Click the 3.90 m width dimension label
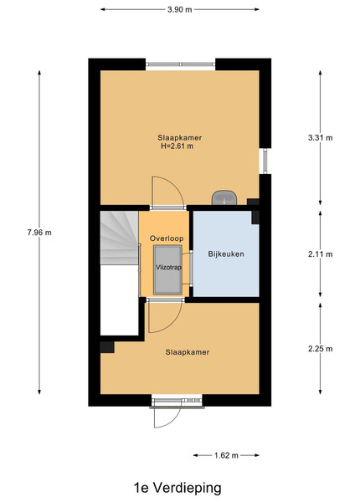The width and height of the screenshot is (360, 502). (x=180, y=9)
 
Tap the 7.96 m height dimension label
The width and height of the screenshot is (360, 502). (x=39, y=233)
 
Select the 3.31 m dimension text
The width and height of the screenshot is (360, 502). (x=321, y=138)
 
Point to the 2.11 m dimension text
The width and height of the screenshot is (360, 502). (x=321, y=254)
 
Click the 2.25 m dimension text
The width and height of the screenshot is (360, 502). (x=321, y=349)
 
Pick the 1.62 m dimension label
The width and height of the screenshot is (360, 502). (x=226, y=455)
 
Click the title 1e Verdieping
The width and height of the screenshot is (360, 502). (x=177, y=489)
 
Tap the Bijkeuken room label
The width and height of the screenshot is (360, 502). (x=226, y=254)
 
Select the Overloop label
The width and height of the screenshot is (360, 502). (x=167, y=238)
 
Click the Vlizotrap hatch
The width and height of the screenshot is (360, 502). (x=167, y=270)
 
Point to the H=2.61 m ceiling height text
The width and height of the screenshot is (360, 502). (x=177, y=146)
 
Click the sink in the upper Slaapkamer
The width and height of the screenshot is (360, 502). (x=224, y=197)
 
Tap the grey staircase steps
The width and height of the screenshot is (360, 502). (x=120, y=238)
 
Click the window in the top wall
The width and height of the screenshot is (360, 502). (x=180, y=64)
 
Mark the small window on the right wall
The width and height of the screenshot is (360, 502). (x=265, y=161)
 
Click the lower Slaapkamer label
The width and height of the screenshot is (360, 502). (x=188, y=352)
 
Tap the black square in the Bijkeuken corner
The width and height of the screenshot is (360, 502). (x=255, y=218)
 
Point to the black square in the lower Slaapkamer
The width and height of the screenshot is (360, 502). (x=107, y=347)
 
